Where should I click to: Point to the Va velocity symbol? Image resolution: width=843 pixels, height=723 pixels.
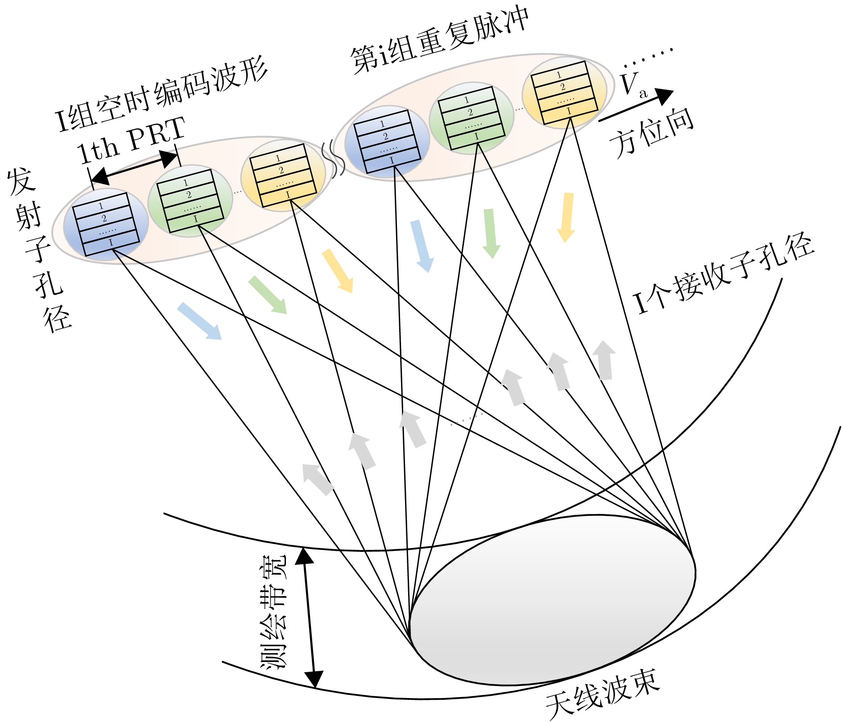coord(633,85)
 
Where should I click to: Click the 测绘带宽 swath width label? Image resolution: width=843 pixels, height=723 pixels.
coord(273,612)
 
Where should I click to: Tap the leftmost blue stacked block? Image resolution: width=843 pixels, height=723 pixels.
coord(106,224)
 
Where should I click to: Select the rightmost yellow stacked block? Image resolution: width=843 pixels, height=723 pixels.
coord(565,93)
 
